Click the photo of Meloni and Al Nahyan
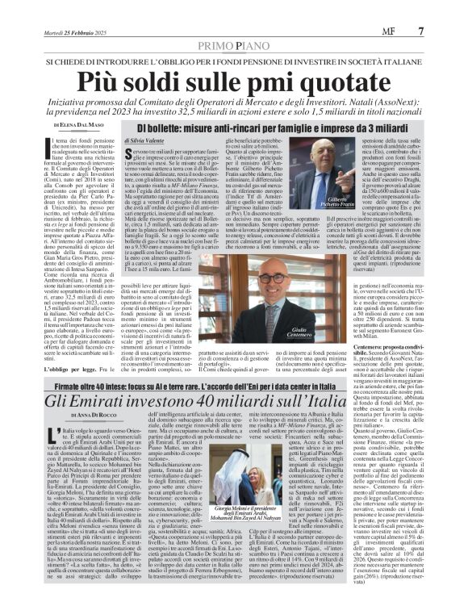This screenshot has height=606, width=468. (266, 504)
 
